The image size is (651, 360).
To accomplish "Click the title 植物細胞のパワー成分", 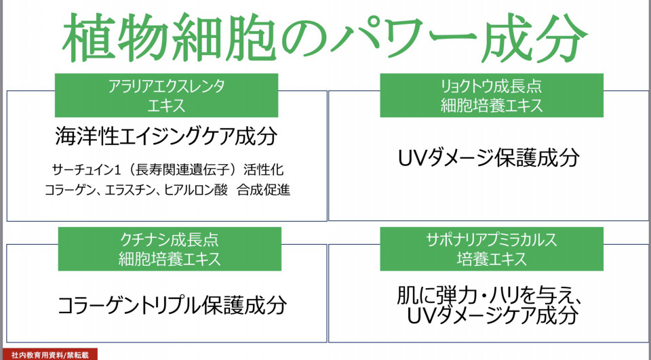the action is [x=325, y=38].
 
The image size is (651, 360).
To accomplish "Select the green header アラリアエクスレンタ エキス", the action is [x=166, y=96].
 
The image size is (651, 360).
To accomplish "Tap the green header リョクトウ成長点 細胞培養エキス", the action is [x=492, y=96].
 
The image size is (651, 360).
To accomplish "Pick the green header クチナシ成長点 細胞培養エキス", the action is [x=170, y=249].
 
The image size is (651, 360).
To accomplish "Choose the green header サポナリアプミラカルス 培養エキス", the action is [x=492, y=249].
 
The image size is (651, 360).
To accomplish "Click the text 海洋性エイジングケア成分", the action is [x=166, y=136].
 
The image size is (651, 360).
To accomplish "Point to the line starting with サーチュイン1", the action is [x=168, y=169].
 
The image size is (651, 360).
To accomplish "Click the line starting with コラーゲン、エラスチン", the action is [x=167, y=191].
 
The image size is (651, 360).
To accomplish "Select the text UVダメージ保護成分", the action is [x=489, y=158].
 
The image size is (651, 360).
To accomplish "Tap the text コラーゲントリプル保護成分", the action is [x=172, y=305].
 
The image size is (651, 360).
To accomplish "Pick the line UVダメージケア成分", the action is [x=492, y=315].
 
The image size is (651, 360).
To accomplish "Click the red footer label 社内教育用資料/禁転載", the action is [x=50, y=355].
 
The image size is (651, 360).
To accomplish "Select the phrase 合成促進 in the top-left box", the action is [x=264, y=191].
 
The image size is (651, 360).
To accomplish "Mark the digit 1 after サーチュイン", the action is [x=121, y=169].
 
